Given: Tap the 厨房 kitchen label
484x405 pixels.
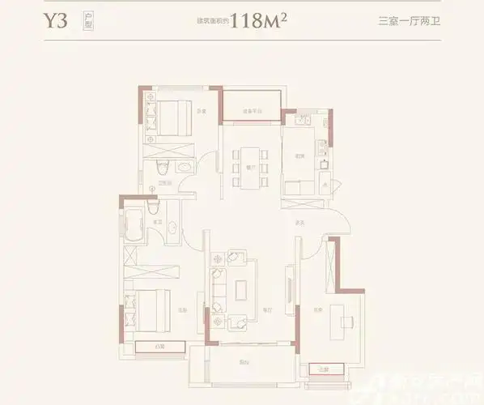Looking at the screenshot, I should tap(299, 156).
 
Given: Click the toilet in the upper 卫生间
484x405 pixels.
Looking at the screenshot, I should tap(163, 168).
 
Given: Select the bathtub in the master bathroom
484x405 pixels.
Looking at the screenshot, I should tap(132, 223).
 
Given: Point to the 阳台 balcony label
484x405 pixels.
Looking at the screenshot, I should tap(243, 362).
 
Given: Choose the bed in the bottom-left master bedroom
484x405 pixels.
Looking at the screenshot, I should tap(150, 307).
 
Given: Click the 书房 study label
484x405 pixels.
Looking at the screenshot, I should tap(319, 310).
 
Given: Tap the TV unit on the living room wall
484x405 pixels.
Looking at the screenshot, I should tap(288, 288).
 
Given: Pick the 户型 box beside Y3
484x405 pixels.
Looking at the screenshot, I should tap(87, 21).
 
